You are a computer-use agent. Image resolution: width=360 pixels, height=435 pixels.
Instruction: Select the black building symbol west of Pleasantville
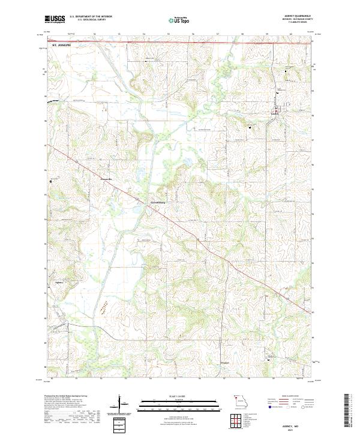pyautogui.click(x=51, y=180)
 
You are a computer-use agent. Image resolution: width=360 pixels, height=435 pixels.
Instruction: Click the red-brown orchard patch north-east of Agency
pyautogui.click(x=105, y=307)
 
